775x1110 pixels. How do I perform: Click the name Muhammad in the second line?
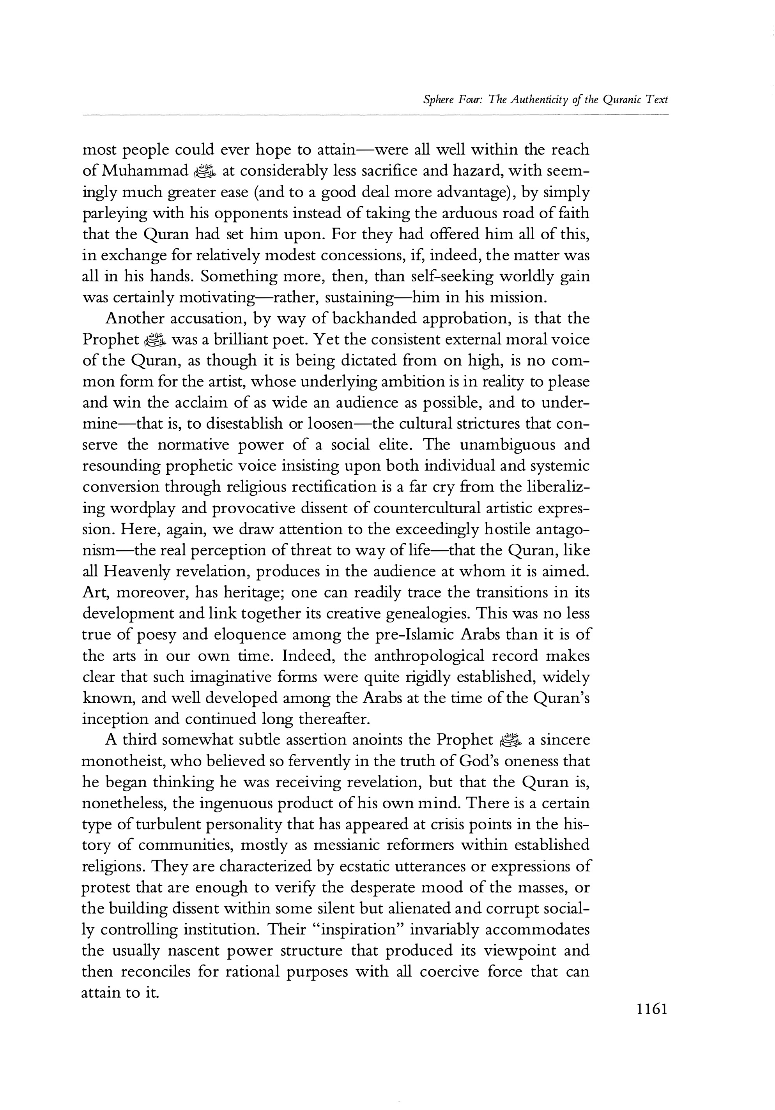(145, 171)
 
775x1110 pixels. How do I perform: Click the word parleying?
(115, 213)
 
